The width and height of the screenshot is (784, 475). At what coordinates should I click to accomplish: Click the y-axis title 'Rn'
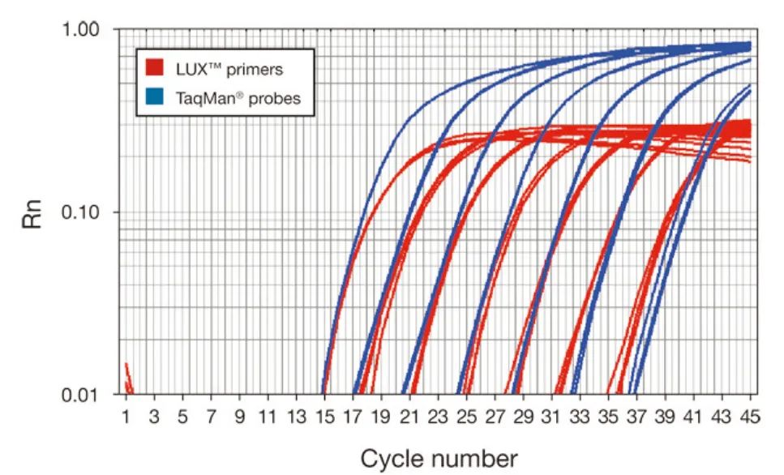(31, 212)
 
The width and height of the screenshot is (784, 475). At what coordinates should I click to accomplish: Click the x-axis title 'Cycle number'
(439, 458)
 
